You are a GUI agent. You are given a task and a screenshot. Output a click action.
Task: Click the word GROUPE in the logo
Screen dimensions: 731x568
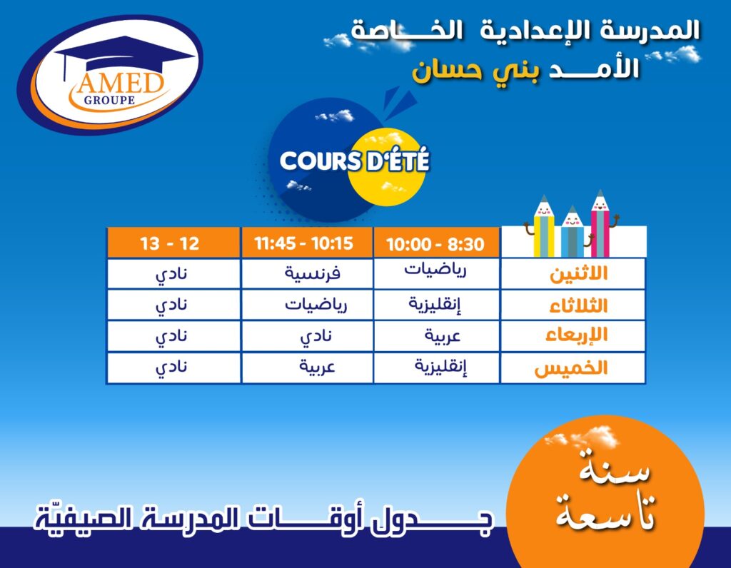pos(109,100)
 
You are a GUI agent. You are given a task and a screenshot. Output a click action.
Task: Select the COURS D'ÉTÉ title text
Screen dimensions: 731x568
pos(354,161)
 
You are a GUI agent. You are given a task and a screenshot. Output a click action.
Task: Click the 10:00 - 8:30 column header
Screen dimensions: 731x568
pos(436,244)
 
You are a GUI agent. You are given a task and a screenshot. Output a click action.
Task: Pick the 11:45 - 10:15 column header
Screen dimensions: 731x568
pos(303,243)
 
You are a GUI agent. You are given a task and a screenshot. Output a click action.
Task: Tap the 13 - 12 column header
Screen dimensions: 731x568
pos(170,243)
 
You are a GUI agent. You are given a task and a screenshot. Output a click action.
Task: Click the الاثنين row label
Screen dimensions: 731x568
pos(579,273)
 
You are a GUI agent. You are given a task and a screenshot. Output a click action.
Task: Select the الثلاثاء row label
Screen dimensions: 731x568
pos(578,305)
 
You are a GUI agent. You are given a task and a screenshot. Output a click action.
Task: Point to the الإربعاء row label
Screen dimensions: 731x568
pos(577,335)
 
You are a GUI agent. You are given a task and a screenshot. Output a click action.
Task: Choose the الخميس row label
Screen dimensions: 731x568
pos(571,368)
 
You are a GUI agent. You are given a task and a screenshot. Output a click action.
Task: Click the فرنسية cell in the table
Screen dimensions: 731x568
pos(313,273)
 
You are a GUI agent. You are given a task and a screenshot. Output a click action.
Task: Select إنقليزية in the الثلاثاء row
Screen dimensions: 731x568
pos(435,304)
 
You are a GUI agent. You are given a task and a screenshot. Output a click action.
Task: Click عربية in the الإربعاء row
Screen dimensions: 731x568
pos(443,336)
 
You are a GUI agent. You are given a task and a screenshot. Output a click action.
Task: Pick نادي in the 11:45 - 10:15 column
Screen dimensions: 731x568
pos(316,337)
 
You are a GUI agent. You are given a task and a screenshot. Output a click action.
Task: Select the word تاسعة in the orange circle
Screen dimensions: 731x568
pos(605,512)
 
